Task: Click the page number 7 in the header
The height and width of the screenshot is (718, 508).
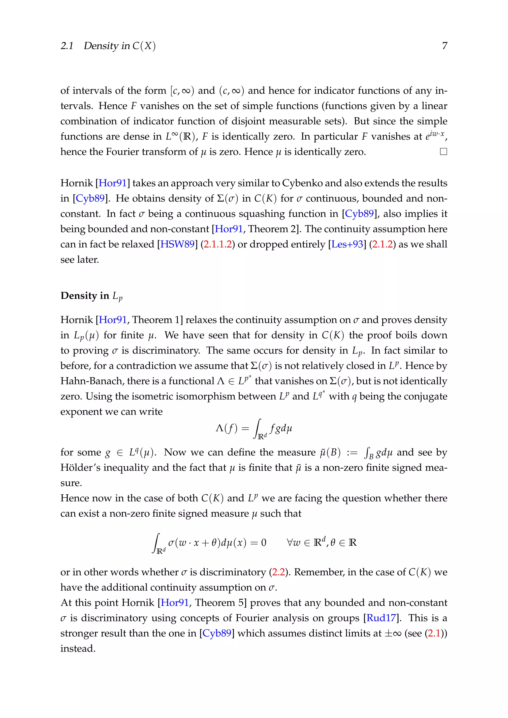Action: click(444, 46)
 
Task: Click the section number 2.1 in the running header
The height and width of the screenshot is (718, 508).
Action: click(67, 46)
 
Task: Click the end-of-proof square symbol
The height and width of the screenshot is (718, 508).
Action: click(443, 152)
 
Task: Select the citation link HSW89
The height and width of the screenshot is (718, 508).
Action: click(177, 244)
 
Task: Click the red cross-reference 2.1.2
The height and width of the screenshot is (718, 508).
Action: click(382, 244)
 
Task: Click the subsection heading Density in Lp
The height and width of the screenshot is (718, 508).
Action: click(91, 296)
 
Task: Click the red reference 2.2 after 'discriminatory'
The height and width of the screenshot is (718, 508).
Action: click(278, 572)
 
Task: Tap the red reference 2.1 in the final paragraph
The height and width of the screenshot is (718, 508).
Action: click(434, 633)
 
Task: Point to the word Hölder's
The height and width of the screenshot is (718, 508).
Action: click(80, 468)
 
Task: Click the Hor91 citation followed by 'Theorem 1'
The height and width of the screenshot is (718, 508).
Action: click(113, 320)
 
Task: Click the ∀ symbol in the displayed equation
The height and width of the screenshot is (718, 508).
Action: click(290, 542)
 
